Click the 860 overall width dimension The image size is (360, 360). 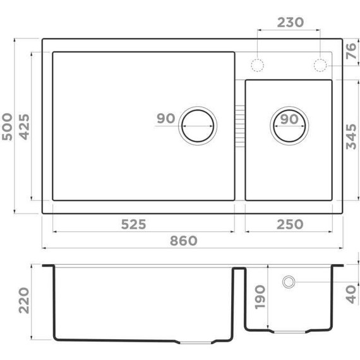coord(183,241)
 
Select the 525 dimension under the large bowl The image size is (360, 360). coord(133,224)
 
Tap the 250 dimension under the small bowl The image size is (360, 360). coord(289,224)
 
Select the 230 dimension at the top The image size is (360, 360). coord(291,22)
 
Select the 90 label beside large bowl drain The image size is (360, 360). coord(165,119)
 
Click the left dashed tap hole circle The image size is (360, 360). coord(258,65)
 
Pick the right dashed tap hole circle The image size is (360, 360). coord(320,65)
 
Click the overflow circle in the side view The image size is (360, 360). coord(289,281)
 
